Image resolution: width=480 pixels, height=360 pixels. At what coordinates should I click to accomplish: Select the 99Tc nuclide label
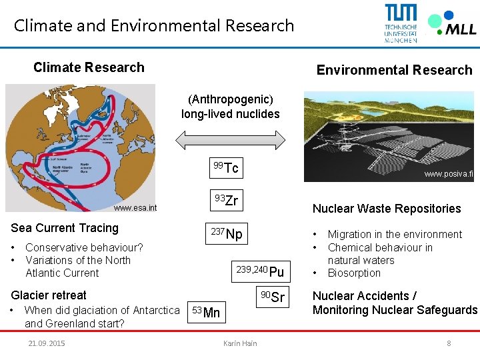pos(226,167)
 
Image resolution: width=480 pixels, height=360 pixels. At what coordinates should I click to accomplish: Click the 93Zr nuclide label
pos(226,199)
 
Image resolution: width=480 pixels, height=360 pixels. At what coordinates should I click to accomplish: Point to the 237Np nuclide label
pos(227,233)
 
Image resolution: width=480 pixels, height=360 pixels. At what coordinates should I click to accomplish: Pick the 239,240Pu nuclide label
pos(260,271)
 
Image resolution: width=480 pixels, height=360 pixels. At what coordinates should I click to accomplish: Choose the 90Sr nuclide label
pos(273,297)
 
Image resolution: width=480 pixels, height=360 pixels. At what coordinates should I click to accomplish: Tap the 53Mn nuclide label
pos(205,311)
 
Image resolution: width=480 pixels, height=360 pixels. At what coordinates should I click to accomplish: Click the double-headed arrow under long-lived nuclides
pos(231,139)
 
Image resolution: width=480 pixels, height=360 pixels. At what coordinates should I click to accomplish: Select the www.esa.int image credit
pos(135,208)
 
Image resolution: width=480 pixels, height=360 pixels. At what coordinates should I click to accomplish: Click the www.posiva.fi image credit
pos(448,175)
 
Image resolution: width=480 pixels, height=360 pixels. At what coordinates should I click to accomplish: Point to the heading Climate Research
pos(89,67)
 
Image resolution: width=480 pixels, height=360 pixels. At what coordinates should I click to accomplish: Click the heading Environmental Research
pos(394,70)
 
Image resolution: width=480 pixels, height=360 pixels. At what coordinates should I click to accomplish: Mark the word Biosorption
pos(354,273)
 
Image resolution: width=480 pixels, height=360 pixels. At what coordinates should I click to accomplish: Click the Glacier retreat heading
pos(49,295)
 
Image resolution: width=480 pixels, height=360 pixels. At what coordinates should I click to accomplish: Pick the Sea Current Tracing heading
pos(65,228)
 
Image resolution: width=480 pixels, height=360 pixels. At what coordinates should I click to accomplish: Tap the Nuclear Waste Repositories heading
pos(387,209)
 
